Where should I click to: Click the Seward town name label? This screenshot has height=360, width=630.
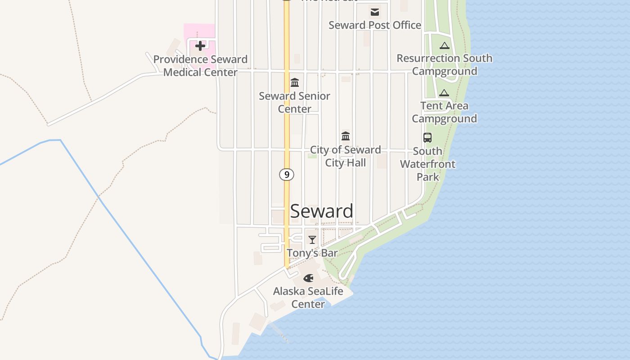tap(321, 211)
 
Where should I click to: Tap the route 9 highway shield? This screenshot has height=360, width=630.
tap(287, 174)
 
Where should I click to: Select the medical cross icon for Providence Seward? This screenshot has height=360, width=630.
tap(200, 45)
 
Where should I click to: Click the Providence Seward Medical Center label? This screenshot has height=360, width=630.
tap(200, 66)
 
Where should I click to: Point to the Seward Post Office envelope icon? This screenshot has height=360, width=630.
tap(375, 12)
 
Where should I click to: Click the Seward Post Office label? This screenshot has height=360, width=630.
tap(375, 25)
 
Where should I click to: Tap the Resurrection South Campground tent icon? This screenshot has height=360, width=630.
tap(445, 45)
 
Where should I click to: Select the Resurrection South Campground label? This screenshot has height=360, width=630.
tap(445, 65)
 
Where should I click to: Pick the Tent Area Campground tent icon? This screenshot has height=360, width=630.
tap(444, 93)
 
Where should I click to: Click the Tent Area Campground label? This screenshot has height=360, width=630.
tap(444, 112)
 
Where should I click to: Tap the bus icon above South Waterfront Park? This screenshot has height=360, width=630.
tap(427, 138)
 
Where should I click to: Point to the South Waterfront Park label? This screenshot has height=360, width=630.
tap(427, 164)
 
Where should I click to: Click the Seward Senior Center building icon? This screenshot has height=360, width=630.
tap(295, 83)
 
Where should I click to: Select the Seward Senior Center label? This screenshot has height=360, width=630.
tap(295, 103)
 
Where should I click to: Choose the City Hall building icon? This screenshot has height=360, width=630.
tap(346, 136)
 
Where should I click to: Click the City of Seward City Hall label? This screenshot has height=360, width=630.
tap(346, 156)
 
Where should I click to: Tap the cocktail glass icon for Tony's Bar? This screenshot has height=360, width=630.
tap(312, 240)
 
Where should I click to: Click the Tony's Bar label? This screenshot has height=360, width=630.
tap(312, 253)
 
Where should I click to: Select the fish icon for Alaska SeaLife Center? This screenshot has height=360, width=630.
tap(308, 278)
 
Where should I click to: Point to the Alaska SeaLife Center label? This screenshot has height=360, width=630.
tap(308, 297)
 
